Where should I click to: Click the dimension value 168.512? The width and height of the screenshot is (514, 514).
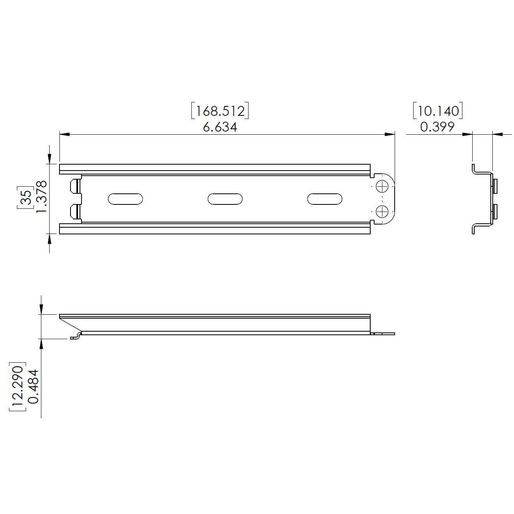point(220,111)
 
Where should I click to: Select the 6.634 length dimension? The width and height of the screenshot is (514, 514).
point(220,127)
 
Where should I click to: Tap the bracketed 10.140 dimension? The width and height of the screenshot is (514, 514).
point(438,111)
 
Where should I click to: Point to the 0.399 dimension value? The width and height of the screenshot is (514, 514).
point(438,127)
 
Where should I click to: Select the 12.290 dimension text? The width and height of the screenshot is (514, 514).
point(17,386)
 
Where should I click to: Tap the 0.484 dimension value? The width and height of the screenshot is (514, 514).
point(34,386)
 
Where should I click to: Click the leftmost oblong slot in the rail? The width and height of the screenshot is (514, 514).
point(125,199)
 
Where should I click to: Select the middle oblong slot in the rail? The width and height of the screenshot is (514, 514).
point(225,199)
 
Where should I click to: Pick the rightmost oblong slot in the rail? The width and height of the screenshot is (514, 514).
point(325,199)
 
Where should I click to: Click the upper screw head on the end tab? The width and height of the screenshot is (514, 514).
point(382,186)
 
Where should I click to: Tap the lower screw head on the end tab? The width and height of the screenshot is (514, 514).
point(382,212)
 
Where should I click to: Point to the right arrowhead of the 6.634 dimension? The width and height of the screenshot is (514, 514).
point(390,135)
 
